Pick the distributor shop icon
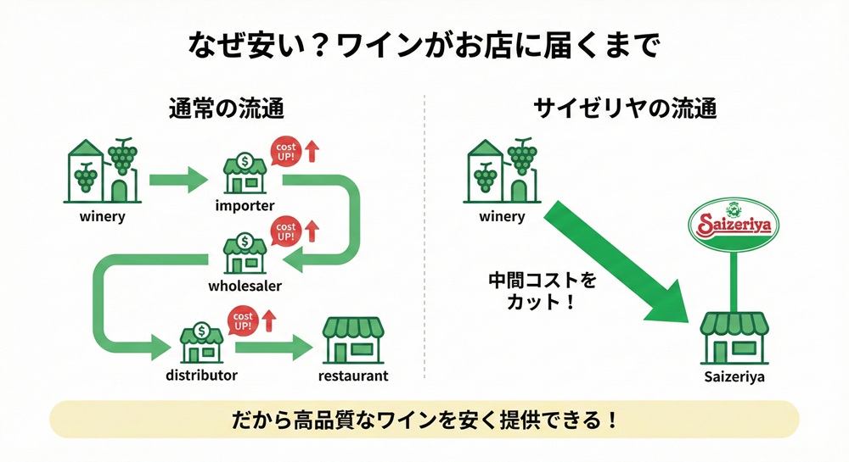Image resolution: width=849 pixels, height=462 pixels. pyautogui.click(x=201, y=342)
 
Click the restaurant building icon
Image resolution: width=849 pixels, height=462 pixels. pyautogui.click(x=352, y=342)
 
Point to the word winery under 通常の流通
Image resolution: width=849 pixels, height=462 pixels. pyautogui.click(x=102, y=216)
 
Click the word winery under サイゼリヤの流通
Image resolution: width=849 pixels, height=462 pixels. pyautogui.click(x=502, y=216)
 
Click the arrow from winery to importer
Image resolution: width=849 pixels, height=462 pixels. pyautogui.click(x=178, y=179)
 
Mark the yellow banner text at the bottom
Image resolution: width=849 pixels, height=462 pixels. pyautogui.click(x=424, y=420)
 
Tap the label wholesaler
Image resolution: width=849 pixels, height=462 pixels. pyautogui.click(x=245, y=286)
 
